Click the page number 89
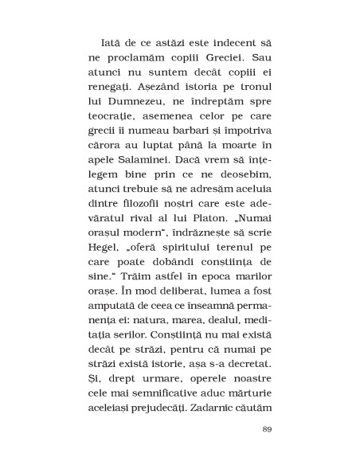tap(267, 451)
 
